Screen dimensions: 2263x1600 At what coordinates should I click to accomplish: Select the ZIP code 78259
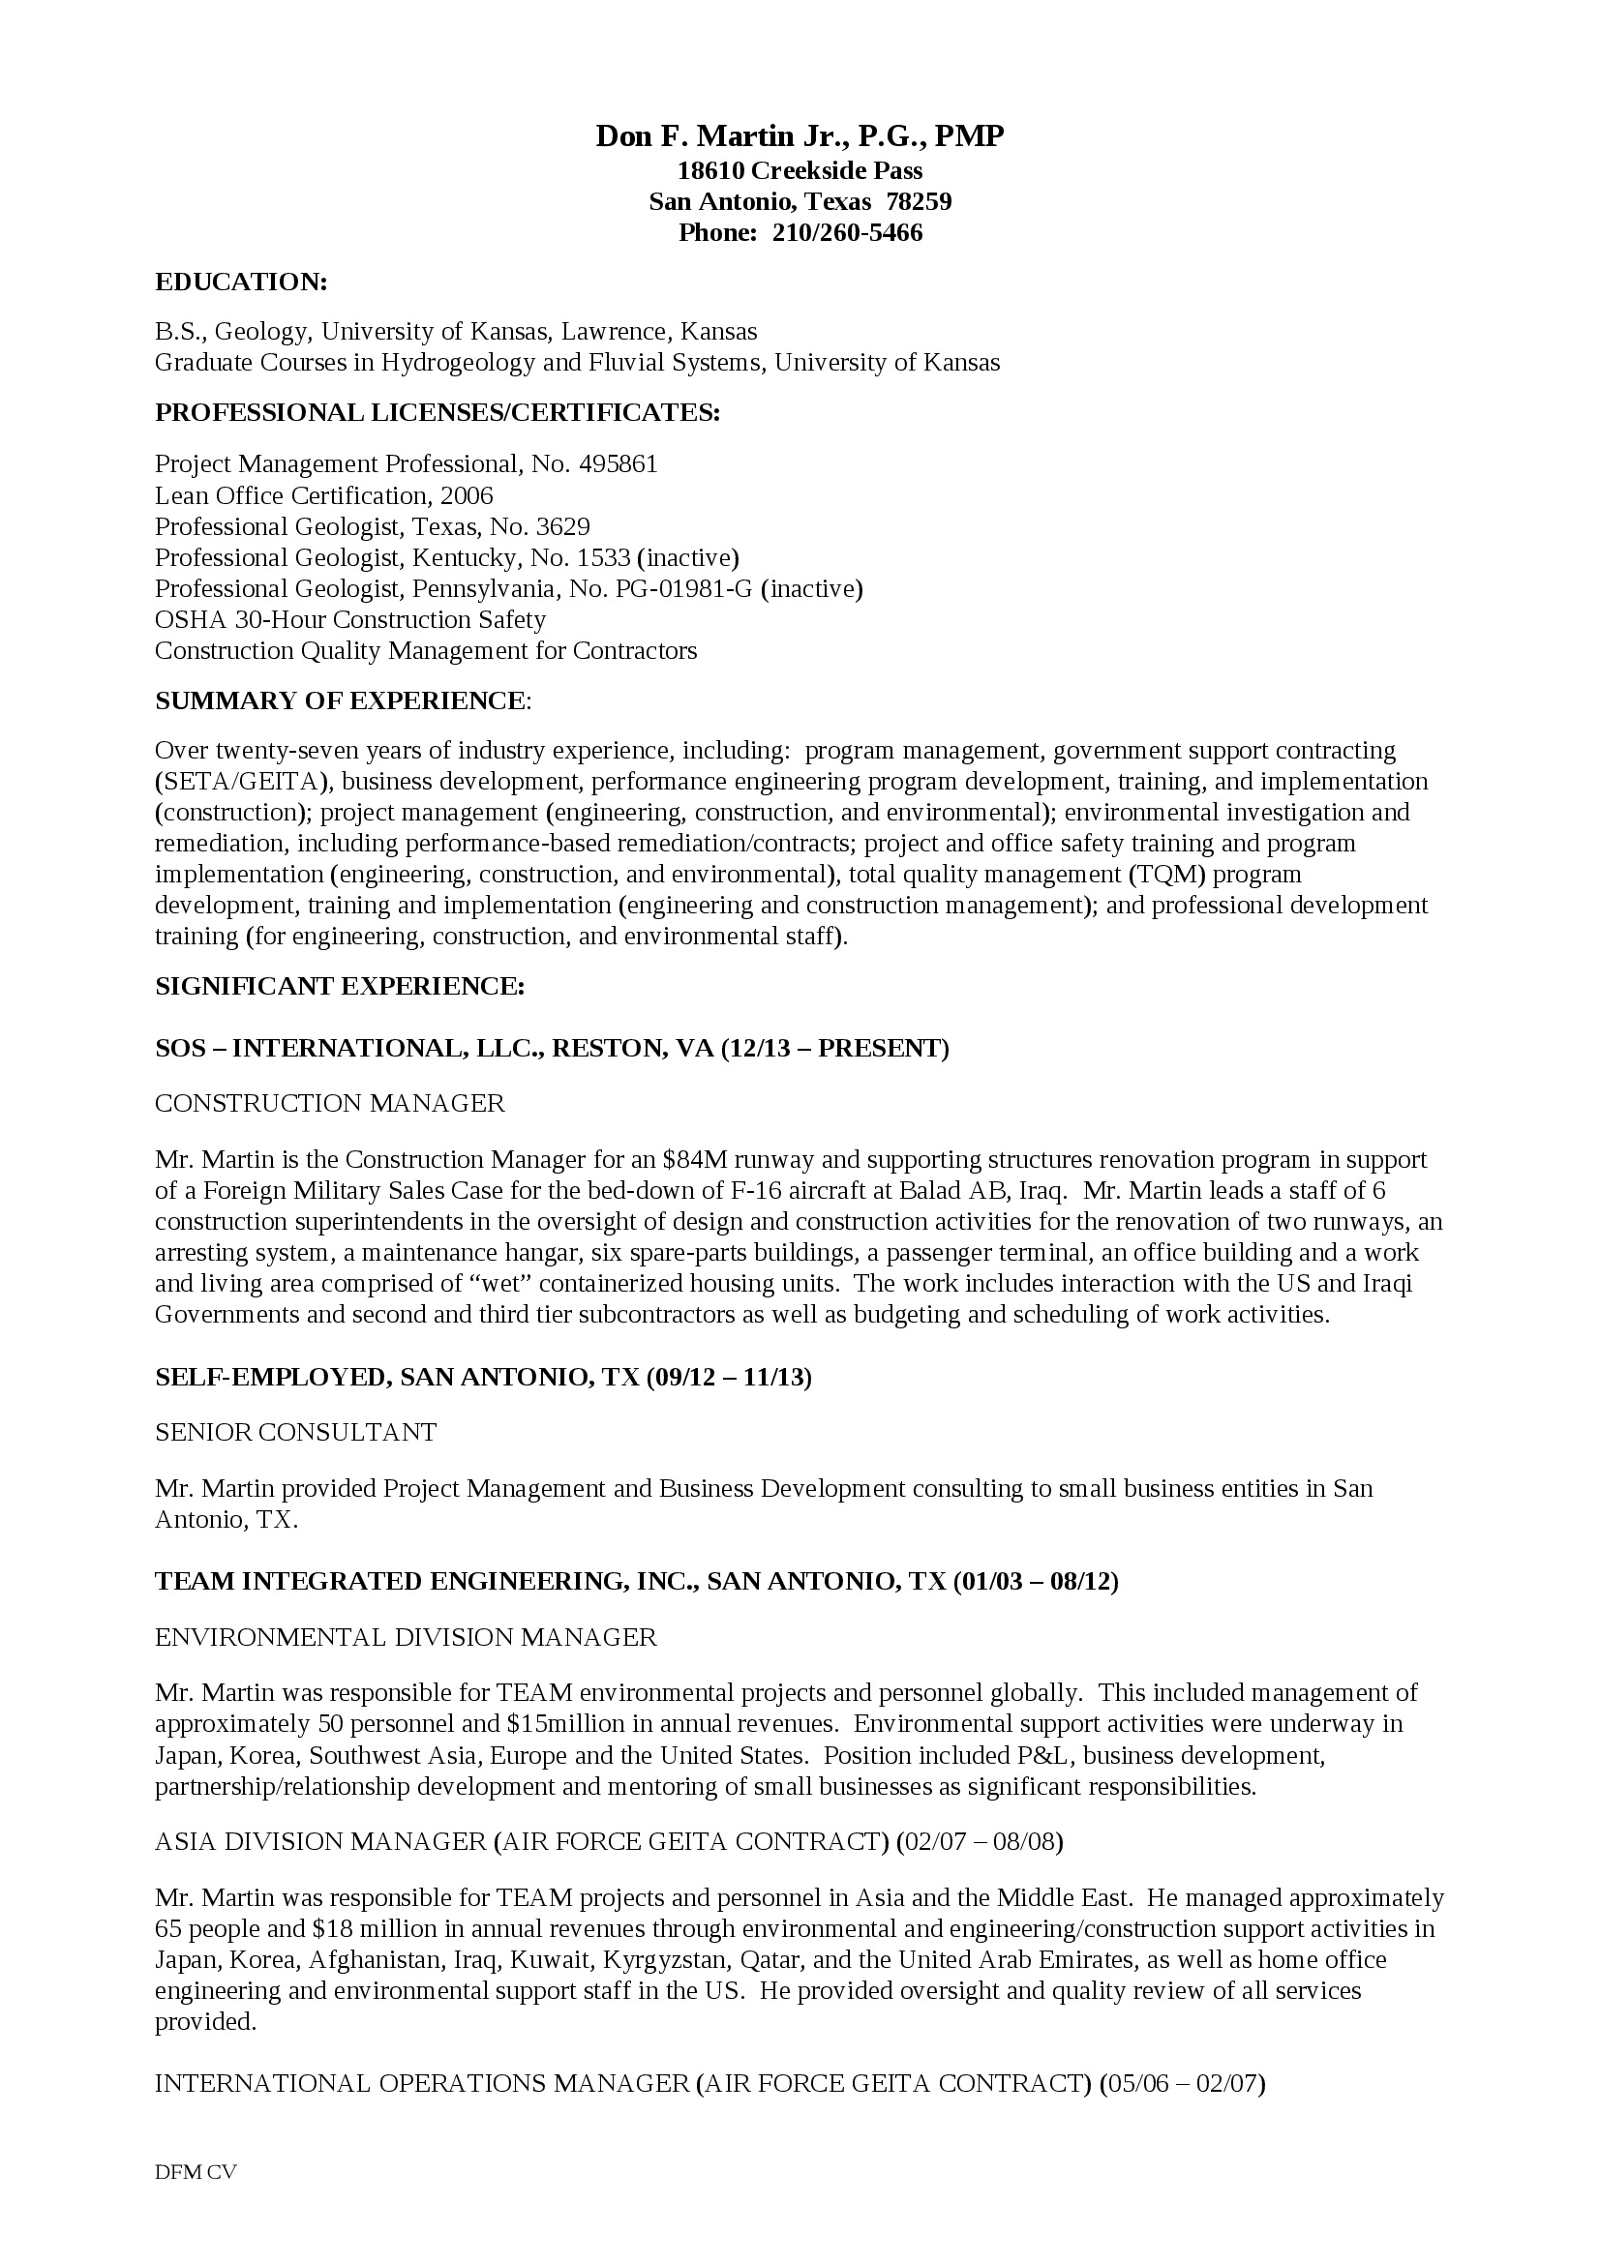coord(918,202)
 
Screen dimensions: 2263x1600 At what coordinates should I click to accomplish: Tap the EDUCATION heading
coord(241,282)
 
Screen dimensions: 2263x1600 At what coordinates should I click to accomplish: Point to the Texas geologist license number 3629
coord(563,526)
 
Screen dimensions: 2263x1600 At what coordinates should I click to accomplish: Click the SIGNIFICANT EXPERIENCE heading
coord(339,987)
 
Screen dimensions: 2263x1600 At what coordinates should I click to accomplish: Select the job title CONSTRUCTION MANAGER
coord(329,1103)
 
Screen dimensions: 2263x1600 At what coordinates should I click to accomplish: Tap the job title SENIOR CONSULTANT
coord(296,1432)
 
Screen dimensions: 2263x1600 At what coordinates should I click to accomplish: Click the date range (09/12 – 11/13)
coord(729,1377)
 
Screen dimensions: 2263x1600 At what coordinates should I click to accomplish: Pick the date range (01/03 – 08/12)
coord(1035,1582)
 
